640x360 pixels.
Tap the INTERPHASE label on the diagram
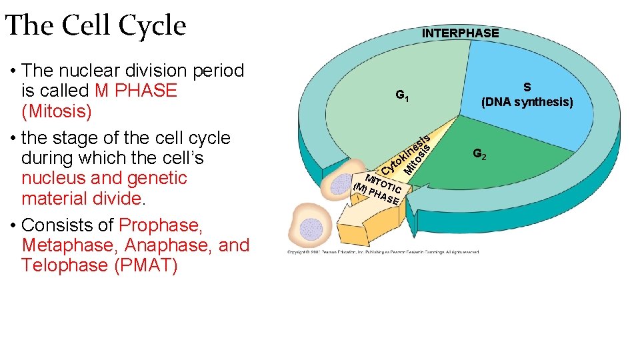[x=460, y=33]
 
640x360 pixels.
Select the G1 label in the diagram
[x=402, y=96]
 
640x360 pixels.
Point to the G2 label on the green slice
[x=479, y=154]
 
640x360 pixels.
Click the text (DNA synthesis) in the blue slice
[x=527, y=102]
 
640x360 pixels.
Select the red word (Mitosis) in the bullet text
[x=57, y=111]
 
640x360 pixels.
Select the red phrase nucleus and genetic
[x=104, y=178]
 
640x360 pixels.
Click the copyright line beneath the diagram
[x=383, y=252]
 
